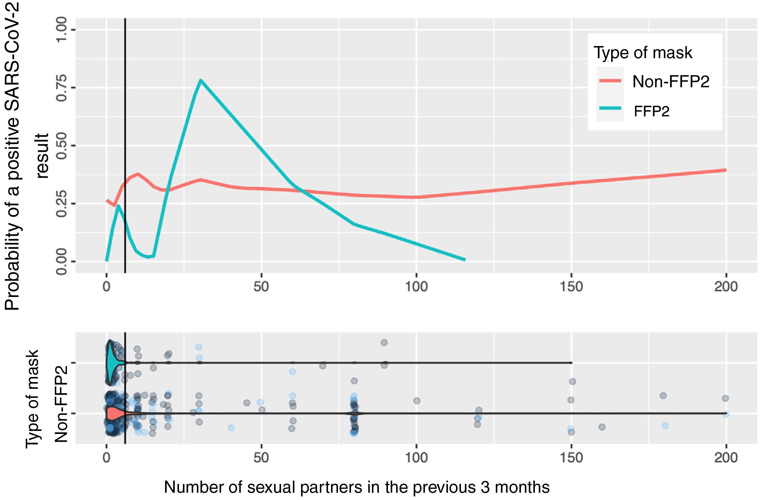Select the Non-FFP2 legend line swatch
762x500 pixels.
(x=610, y=81)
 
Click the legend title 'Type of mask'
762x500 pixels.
(x=643, y=52)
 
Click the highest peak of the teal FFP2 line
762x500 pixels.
(x=200, y=80)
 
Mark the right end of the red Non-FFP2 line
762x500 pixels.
(x=725, y=170)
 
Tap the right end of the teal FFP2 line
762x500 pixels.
(x=464, y=259)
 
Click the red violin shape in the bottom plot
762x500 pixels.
(x=112, y=414)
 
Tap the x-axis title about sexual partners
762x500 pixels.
(x=357, y=487)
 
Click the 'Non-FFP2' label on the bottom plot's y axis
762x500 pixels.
(x=61, y=404)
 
